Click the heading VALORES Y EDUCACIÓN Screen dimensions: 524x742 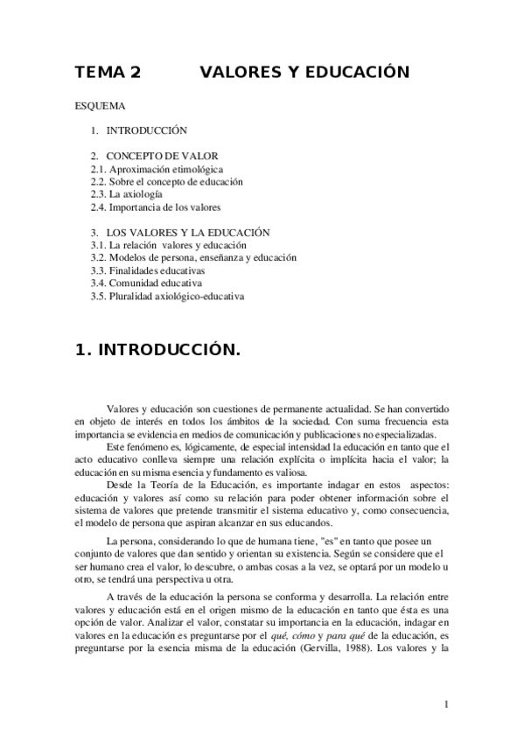click(x=305, y=73)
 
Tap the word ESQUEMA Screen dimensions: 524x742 click(x=101, y=107)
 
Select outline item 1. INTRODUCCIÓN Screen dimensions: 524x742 click(x=139, y=130)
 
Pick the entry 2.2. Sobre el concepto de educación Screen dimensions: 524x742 click(x=166, y=182)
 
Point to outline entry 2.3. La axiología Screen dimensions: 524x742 click(x=126, y=194)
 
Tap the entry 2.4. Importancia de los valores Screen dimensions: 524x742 click(x=155, y=207)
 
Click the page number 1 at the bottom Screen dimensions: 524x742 click(x=447, y=704)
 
